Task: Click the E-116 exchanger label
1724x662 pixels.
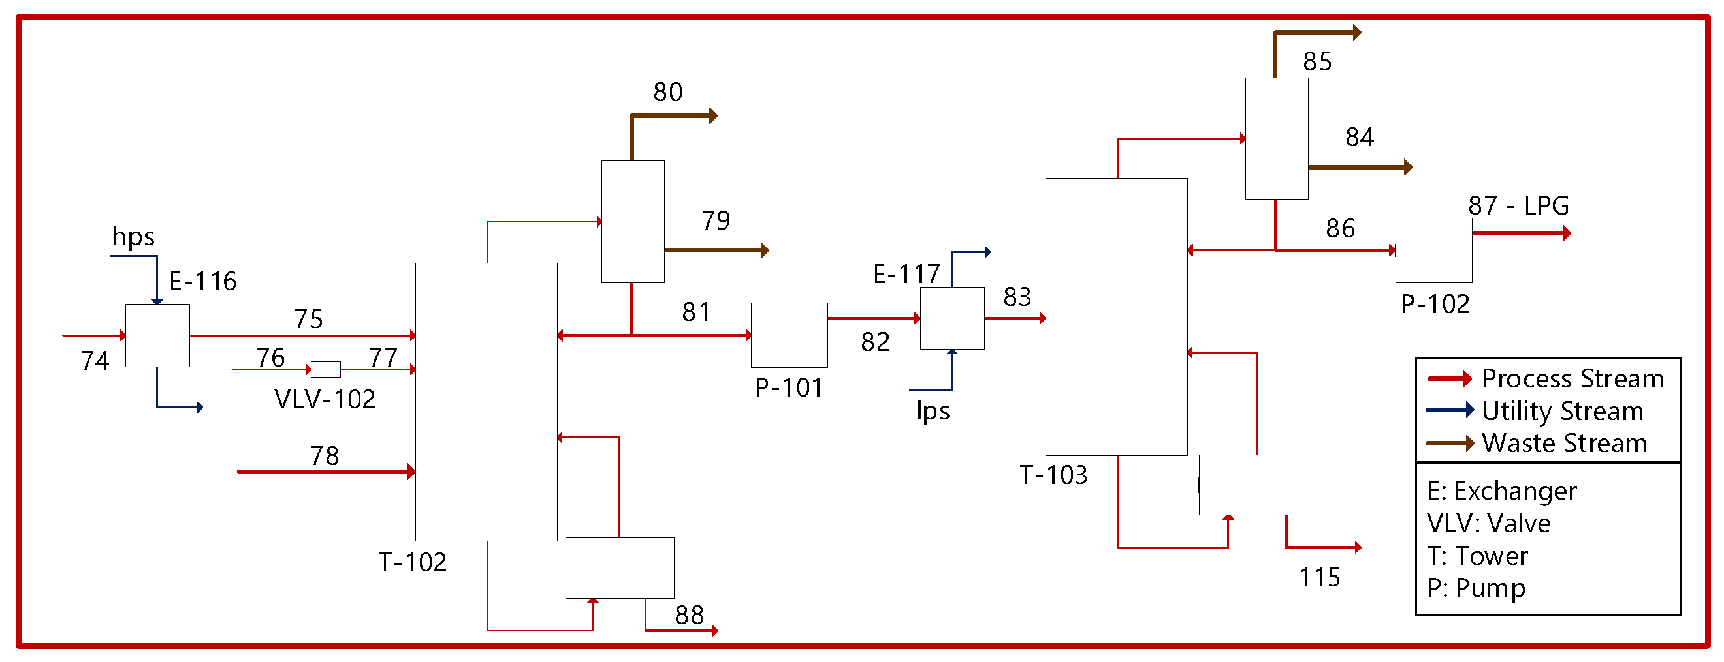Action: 203,282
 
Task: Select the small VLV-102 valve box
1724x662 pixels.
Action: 325,369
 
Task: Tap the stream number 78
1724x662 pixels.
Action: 325,456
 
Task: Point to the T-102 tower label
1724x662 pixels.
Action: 412,562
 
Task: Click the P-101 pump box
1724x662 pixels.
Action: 789,335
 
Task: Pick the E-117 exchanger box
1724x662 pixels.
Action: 951,318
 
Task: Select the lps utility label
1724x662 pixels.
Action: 933,411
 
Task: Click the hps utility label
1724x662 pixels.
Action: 133,237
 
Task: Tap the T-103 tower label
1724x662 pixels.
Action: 1053,475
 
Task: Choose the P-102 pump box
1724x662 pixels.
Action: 1433,250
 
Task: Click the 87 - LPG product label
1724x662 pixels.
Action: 1518,205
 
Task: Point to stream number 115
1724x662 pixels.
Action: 1320,577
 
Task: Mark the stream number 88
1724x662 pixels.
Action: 690,615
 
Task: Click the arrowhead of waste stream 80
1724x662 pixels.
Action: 713,116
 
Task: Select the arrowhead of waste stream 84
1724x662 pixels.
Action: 1408,167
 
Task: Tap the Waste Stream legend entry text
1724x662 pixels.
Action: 1564,444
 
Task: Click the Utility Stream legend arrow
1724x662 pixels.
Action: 1450,410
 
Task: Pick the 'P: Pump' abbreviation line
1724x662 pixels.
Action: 1477,588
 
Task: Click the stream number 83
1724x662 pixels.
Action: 1017,297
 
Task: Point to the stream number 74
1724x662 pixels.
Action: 95,361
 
